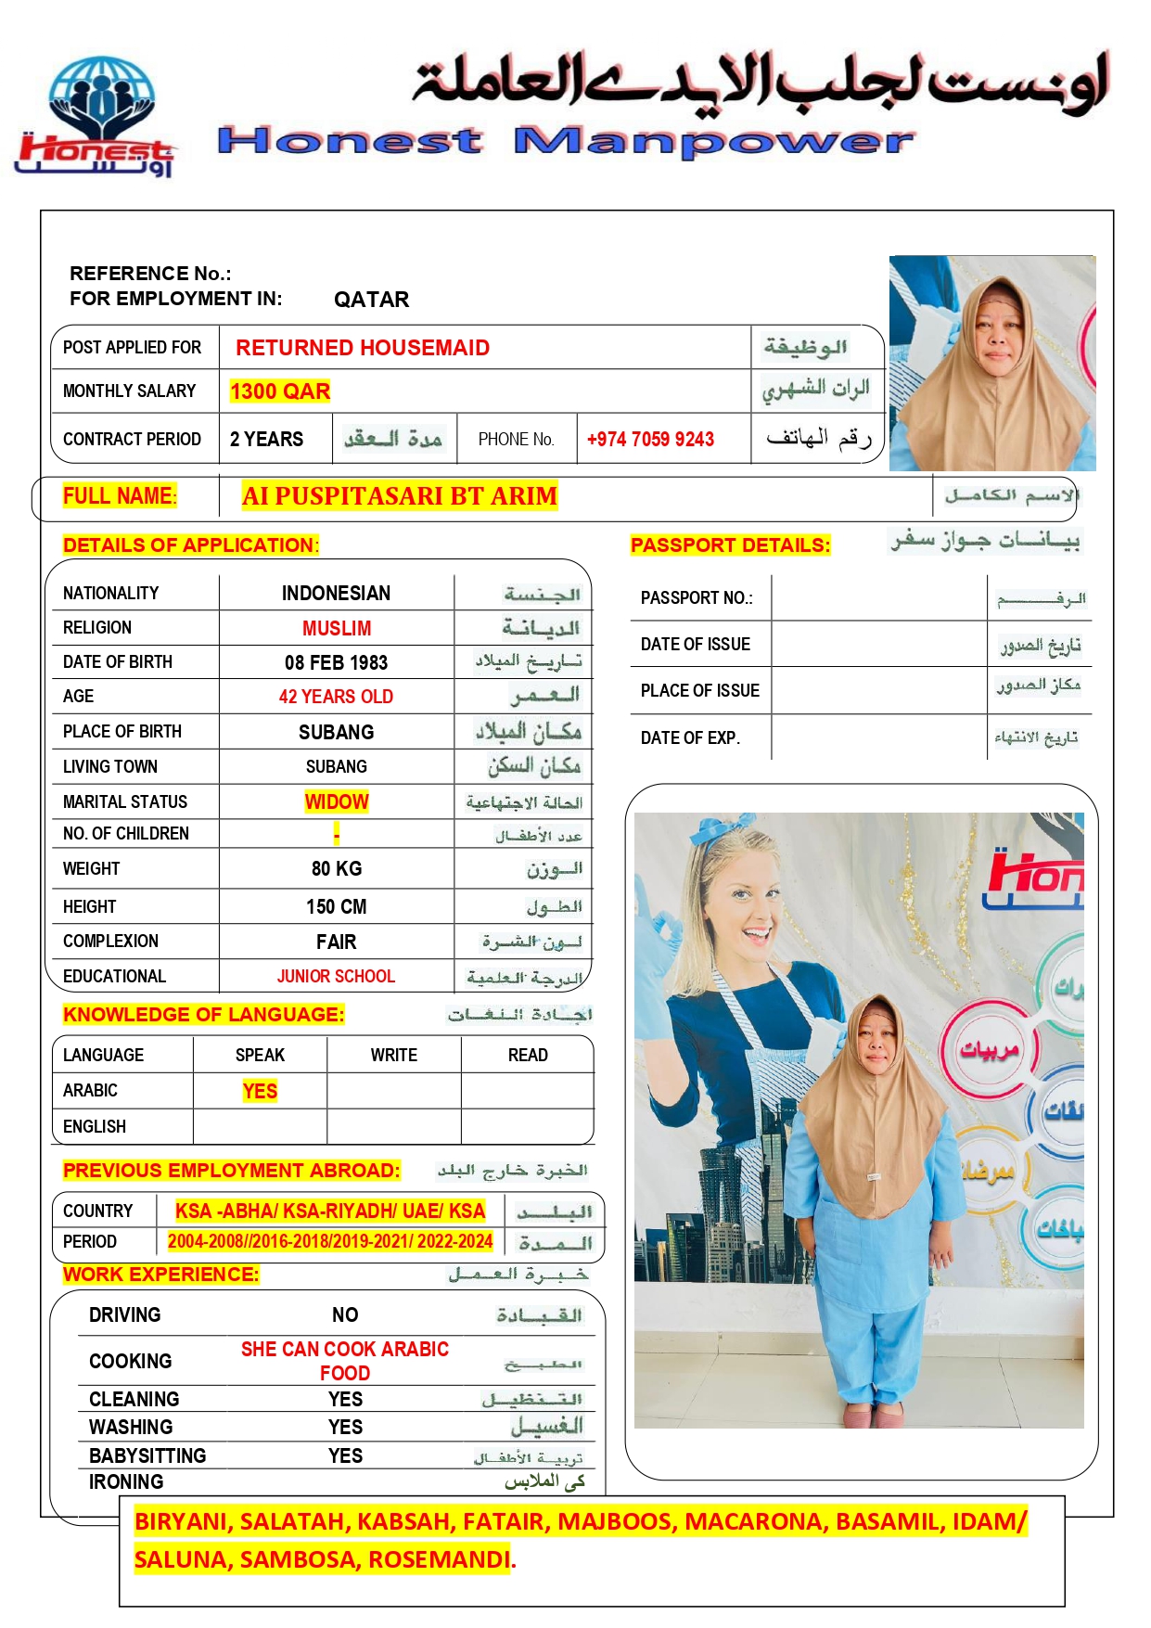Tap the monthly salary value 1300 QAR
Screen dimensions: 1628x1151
click(x=280, y=391)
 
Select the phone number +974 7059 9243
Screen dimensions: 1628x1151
click(x=650, y=440)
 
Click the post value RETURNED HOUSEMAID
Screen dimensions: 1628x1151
click(x=362, y=348)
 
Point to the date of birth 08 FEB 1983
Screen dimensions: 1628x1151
click(x=336, y=662)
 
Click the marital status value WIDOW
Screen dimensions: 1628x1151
click(x=336, y=801)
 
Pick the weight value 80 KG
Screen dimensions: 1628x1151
click(x=336, y=869)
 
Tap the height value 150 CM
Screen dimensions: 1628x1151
click(x=336, y=906)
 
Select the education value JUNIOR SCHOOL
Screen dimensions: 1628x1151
click(x=336, y=976)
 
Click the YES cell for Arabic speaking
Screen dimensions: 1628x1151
click(x=260, y=1091)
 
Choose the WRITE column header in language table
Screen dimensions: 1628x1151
click(x=393, y=1055)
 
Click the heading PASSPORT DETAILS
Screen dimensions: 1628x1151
click(x=730, y=545)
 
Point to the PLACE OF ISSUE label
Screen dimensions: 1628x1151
click(x=699, y=691)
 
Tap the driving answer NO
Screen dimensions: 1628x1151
click(x=345, y=1314)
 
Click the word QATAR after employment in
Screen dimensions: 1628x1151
click(x=371, y=300)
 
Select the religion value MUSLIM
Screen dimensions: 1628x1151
click(x=336, y=628)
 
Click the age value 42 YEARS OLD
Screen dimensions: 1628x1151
click(x=336, y=697)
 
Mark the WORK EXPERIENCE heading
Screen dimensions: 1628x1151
click(x=160, y=1275)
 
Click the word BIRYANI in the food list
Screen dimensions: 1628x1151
click(x=181, y=1521)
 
